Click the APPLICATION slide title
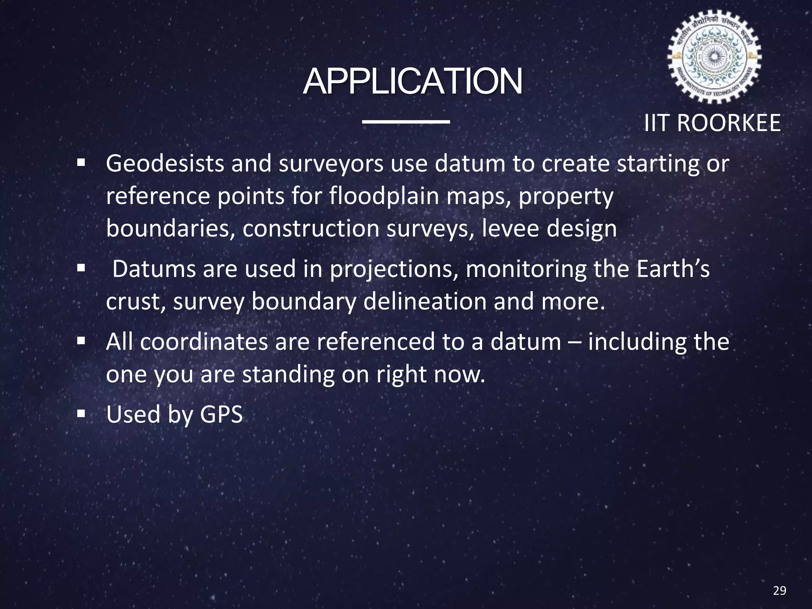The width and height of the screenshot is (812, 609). pos(412,82)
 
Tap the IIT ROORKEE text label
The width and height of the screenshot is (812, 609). pos(712,123)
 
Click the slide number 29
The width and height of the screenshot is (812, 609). pos(779,591)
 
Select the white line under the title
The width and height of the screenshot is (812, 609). pos(406,121)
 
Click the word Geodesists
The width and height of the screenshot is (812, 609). pos(165,163)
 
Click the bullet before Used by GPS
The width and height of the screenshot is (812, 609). pos(81,414)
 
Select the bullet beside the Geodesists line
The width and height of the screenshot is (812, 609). pos(81,163)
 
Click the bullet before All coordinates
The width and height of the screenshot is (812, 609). pos(81,341)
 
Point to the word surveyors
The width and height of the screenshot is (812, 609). pos(331,163)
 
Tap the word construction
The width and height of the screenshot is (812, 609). pos(311,229)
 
